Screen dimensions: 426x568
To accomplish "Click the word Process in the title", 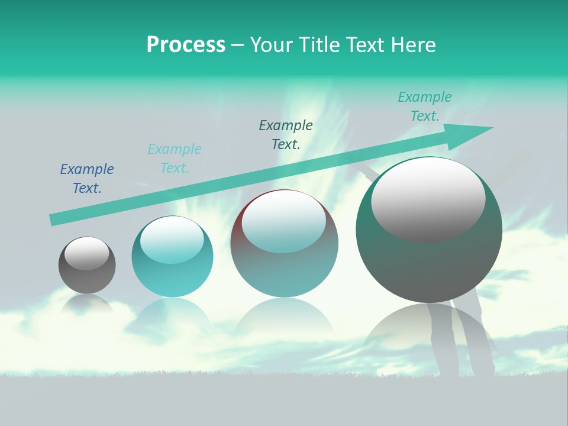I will point(186,45).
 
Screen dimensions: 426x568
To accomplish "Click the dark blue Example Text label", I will point(87,179).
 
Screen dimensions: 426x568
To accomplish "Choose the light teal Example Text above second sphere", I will point(175,159).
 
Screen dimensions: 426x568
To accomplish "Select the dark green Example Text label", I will point(286,135).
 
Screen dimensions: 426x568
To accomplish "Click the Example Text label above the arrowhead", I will point(424,106).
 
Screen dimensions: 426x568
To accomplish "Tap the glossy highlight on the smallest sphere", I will point(86,253).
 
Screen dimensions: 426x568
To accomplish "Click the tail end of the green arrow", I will point(54,219).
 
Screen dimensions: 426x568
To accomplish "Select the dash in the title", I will point(237,45).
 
